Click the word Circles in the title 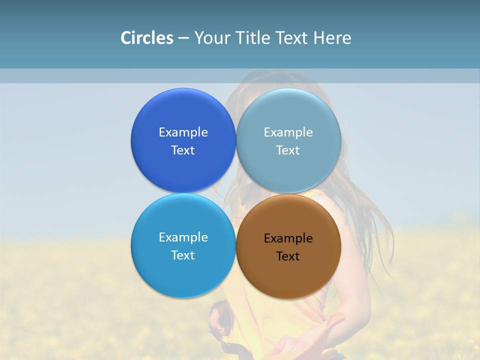pyautogui.click(x=147, y=38)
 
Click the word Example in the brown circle pyautogui.click(x=288, y=238)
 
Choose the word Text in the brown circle pyautogui.click(x=288, y=256)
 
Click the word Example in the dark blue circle pyautogui.click(x=183, y=132)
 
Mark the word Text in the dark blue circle pyautogui.click(x=183, y=150)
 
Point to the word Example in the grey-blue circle pyautogui.click(x=288, y=132)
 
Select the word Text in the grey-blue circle pyautogui.click(x=288, y=150)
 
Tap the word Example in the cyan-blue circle pyautogui.click(x=183, y=237)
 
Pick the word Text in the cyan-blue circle pyautogui.click(x=183, y=255)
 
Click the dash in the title pyautogui.click(x=183, y=38)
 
